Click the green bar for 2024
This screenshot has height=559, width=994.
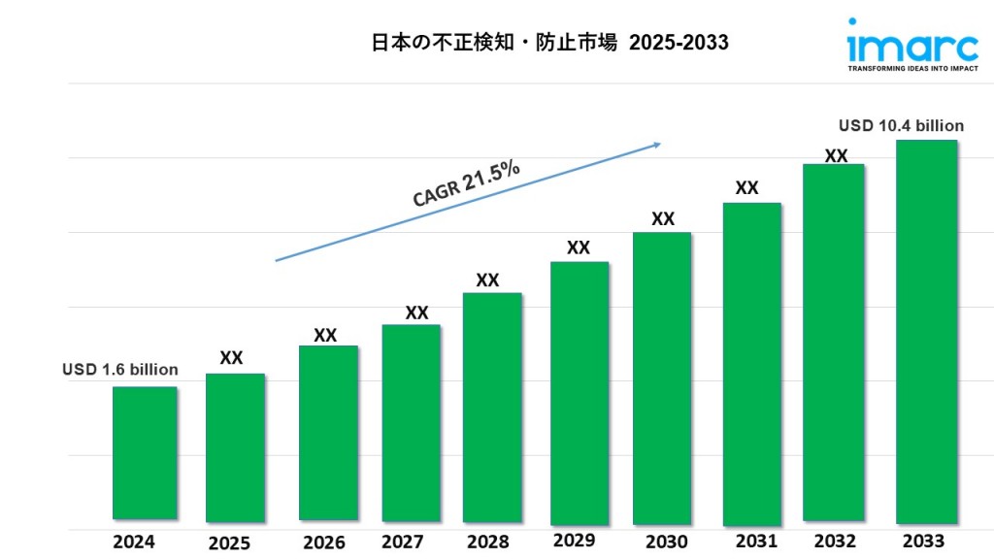[145, 452]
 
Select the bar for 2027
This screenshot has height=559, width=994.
[412, 423]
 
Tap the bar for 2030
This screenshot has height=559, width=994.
[662, 378]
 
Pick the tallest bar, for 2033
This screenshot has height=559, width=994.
[926, 332]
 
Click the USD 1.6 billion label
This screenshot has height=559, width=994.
[120, 370]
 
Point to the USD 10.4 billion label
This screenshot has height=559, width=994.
[901, 126]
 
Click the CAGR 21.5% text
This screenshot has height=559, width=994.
[467, 183]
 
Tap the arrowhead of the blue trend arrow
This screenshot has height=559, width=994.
[657, 145]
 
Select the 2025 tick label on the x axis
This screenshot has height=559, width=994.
[231, 543]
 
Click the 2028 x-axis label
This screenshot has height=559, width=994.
[487, 542]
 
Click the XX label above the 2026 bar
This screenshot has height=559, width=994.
[325, 335]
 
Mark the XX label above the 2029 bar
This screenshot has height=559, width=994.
[579, 247]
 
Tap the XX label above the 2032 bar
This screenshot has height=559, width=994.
[836, 155]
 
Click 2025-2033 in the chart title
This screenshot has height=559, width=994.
[679, 44]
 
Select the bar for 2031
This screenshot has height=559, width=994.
[751, 363]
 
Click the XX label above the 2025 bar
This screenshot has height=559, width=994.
[231, 357]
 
